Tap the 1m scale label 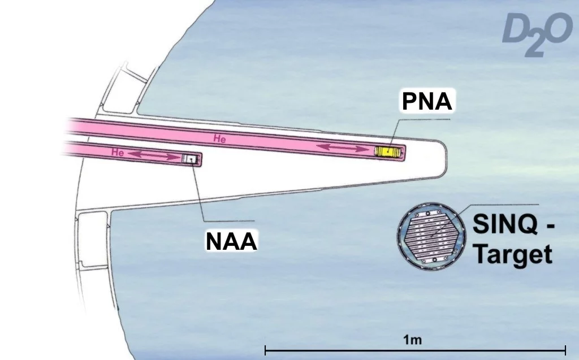tap(414, 340)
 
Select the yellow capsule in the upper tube tap(390, 151)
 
